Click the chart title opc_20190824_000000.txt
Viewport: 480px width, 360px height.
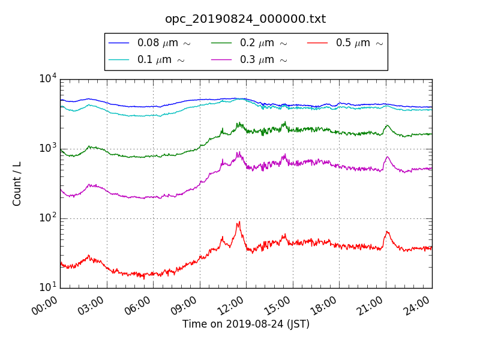point(245,19)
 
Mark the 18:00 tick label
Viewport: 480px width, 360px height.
point(325,307)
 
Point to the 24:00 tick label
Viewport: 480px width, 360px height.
point(418,307)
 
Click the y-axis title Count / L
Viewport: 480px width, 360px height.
point(17,184)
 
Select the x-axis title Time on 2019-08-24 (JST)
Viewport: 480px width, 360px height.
point(246,324)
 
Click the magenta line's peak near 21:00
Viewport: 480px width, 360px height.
point(387,157)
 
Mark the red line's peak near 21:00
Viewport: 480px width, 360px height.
point(387,232)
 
